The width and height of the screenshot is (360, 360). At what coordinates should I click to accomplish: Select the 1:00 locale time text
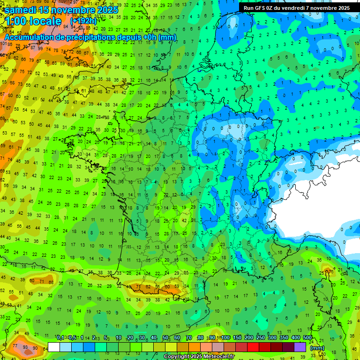click(x=33, y=21)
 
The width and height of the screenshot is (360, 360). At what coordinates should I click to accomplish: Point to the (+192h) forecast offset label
click(x=83, y=21)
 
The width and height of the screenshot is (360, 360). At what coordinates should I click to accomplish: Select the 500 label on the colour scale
click(x=307, y=337)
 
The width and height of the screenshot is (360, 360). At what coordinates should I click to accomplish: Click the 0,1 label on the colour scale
click(x=60, y=337)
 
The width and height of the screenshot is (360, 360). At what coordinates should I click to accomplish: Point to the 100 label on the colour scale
click(x=225, y=337)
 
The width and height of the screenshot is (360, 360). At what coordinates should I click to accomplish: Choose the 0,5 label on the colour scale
click(x=72, y=337)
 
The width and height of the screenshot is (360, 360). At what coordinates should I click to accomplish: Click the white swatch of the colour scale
click(x=54, y=347)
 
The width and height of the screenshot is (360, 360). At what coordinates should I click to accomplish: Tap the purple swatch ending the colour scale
click(x=300, y=347)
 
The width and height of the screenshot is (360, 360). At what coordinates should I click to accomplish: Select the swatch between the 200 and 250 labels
click(x=255, y=347)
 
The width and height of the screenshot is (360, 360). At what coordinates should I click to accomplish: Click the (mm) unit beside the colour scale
click(x=317, y=347)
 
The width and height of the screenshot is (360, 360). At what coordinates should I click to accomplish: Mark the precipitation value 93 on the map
click(x=25, y=347)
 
